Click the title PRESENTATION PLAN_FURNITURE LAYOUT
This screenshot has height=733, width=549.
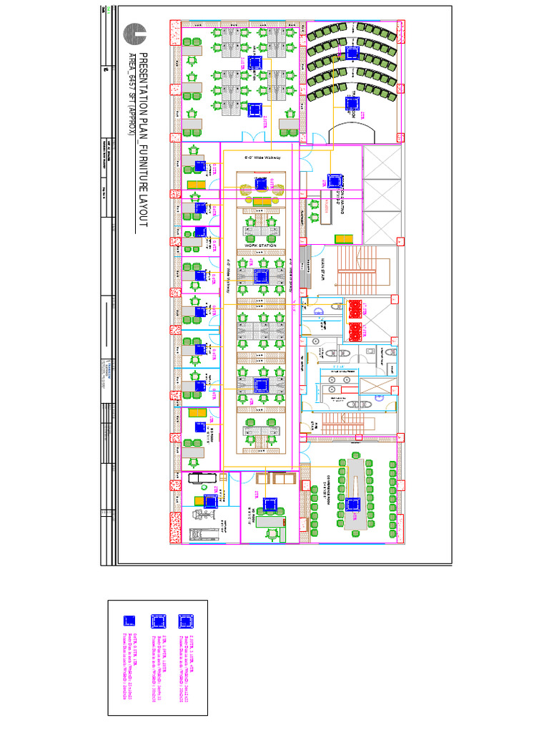click(x=142, y=140)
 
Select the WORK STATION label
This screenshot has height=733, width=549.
click(x=260, y=246)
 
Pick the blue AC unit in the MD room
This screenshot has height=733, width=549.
click(x=270, y=505)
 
